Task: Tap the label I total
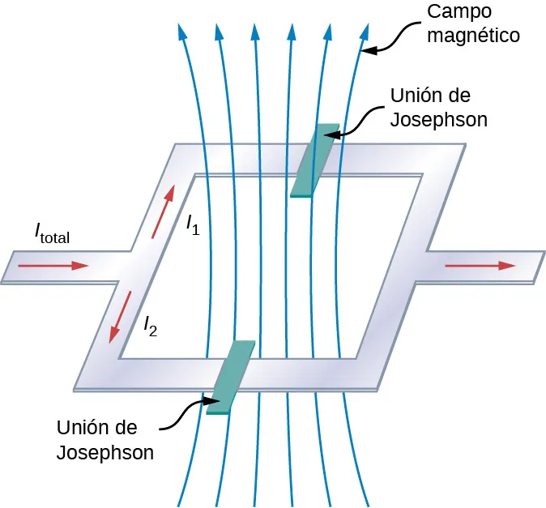53,234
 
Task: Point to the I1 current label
193,224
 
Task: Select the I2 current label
151,326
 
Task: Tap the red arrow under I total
52,265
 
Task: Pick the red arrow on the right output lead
480,265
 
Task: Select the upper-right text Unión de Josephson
438,107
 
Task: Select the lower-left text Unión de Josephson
105,439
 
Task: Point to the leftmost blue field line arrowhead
180,32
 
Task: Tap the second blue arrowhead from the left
216,32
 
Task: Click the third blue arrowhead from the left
254,32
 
